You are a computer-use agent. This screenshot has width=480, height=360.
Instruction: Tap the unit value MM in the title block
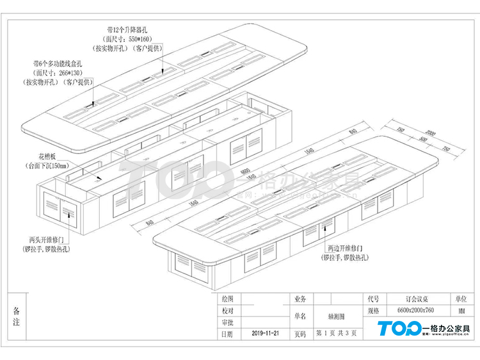pos(461,311)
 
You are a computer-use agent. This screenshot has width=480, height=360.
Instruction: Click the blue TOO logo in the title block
pos(400,329)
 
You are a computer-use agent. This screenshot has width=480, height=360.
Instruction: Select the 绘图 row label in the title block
pos(227,299)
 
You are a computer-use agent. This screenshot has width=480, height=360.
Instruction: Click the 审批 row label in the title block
pos(227,322)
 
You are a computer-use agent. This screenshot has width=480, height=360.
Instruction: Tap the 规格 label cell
pos(374,311)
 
